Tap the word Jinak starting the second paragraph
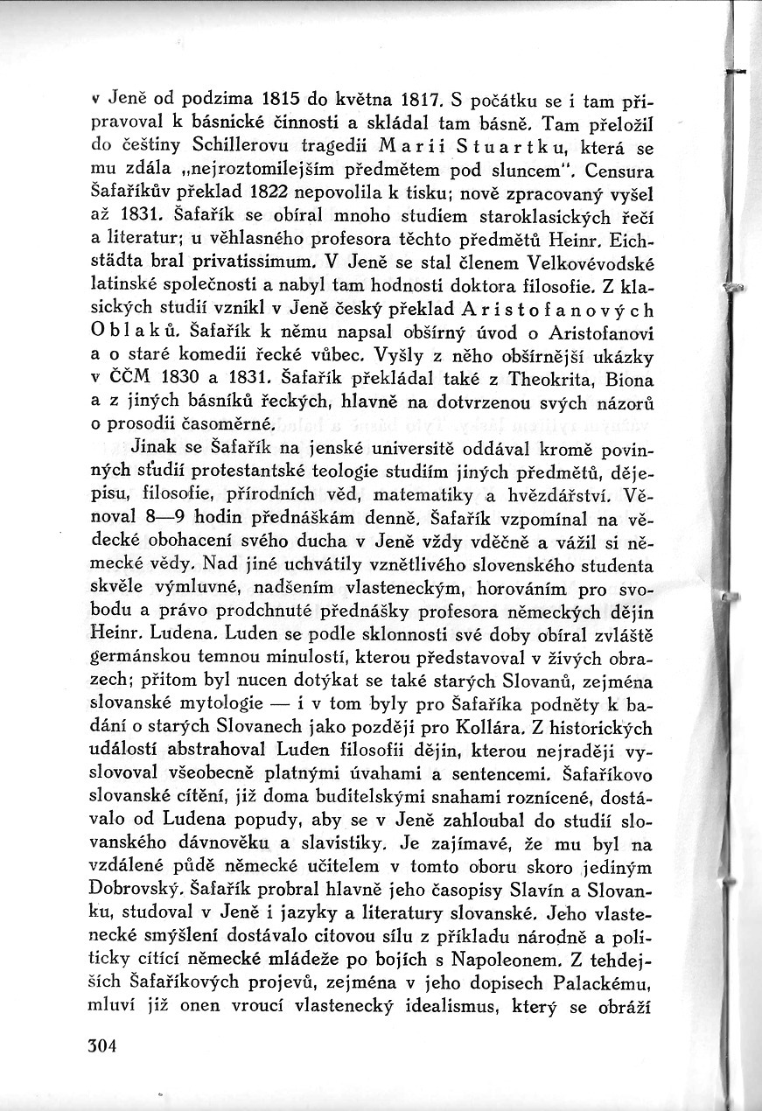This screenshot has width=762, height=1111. pyautogui.click(x=130, y=447)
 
